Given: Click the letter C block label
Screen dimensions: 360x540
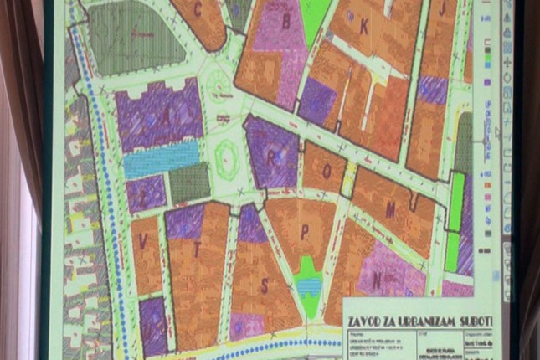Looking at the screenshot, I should click(198, 11).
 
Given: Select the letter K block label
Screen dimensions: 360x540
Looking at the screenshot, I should click(363, 27).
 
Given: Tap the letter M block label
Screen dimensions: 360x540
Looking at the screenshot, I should click(390, 209).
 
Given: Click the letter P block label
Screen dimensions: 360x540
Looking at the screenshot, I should click(305, 232).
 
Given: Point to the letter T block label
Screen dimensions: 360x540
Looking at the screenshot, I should click(197, 249).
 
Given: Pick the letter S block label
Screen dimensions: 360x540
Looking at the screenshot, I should click(265, 286).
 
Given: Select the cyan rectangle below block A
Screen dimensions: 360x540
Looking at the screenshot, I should click(162, 160).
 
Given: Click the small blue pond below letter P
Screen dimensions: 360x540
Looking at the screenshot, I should click(309, 286).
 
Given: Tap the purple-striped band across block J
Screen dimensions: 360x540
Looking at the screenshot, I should click(432, 90).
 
